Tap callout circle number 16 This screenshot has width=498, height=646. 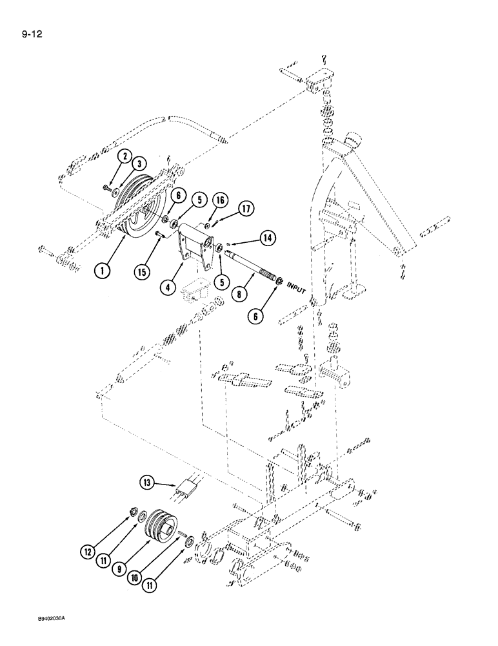pos(221,203)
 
